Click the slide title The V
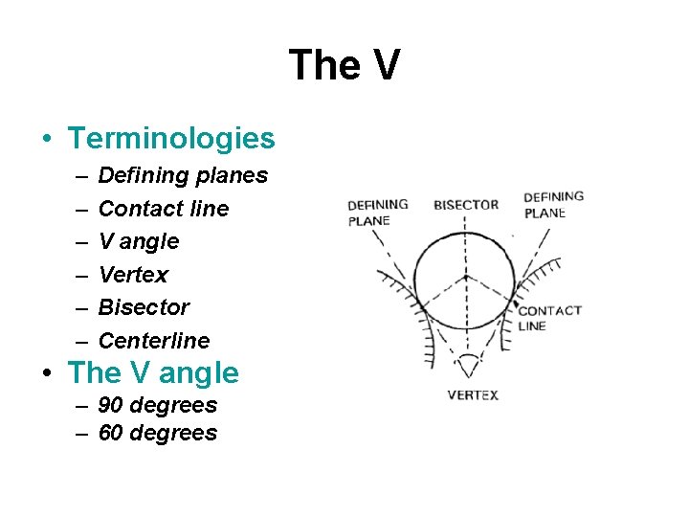click(x=344, y=66)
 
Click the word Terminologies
click(x=171, y=139)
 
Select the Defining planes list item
click(x=183, y=176)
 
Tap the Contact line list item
click(x=164, y=209)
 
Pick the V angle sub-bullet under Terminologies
click(x=139, y=241)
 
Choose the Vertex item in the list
click(x=133, y=275)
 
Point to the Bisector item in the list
click(x=144, y=307)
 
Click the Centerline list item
click(x=154, y=340)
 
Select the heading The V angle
click(x=154, y=372)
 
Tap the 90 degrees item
click(x=157, y=405)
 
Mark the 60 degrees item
click(x=157, y=433)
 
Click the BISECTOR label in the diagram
click(x=466, y=205)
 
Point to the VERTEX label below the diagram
click(x=473, y=395)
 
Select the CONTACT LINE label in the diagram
click(x=549, y=318)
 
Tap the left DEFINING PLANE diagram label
click(x=377, y=212)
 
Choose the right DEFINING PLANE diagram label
click(x=553, y=205)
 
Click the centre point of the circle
click(x=465, y=278)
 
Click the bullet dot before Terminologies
click(x=47, y=140)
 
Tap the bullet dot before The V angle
click(x=47, y=373)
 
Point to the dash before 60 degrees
click(x=80, y=434)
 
